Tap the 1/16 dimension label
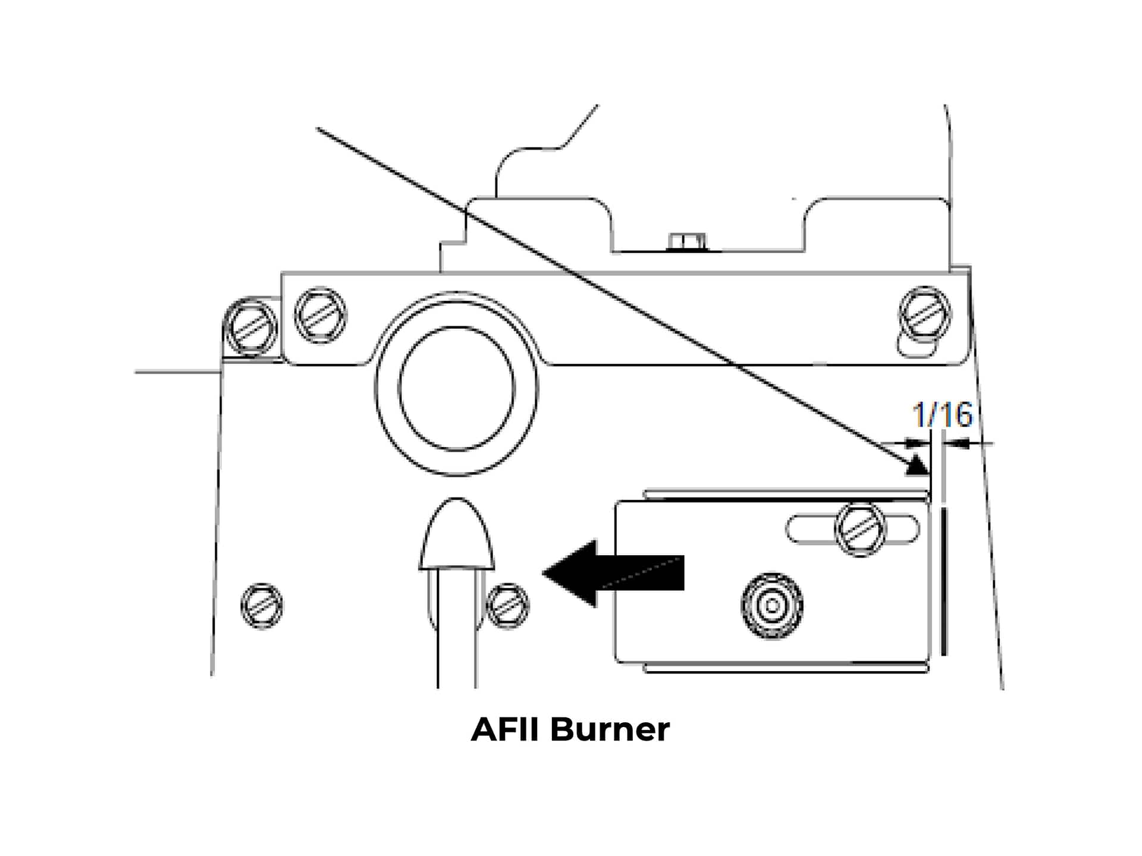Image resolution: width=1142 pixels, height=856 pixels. pyautogui.click(x=942, y=414)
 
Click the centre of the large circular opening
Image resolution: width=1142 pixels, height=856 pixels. pyautogui.click(x=457, y=388)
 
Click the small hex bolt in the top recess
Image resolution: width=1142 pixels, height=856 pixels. pyautogui.click(x=688, y=241)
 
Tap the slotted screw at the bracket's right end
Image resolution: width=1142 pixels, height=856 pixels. pyautogui.click(x=924, y=313)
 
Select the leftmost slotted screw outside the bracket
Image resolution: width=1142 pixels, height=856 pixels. pyautogui.click(x=250, y=327)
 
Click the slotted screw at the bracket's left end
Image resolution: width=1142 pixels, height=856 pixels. pyautogui.click(x=321, y=314)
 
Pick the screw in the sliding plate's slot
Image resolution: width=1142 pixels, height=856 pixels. pyautogui.click(x=860, y=529)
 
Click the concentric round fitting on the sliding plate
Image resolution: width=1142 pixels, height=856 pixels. pyautogui.click(x=772, y=606)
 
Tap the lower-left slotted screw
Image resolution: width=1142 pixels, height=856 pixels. pyautogui.click(x=262, y=606)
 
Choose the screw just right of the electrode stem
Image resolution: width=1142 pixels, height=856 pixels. pyautogui.click(x=507, y=606)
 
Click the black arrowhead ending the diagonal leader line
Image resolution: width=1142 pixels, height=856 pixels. pyautogui.click(x=917, y=465)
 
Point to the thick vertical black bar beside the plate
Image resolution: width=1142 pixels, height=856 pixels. pyautogui.click(x=944, y=581)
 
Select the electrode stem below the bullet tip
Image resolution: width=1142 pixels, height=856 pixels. pyautogui.click(x=457, y=630)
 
